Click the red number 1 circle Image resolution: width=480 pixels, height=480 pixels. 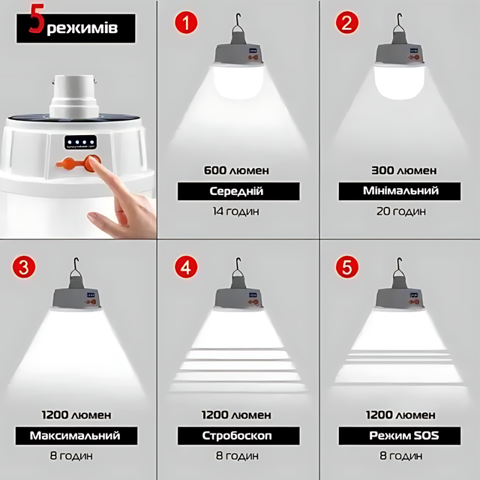(x=186, y=22)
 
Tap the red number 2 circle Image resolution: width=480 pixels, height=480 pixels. (x=347, y=22)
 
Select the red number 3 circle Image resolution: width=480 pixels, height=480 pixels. (x=24, y=267)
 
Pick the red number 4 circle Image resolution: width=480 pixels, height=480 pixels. (x=186, y=267)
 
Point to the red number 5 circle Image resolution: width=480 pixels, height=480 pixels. (x=347, y=267)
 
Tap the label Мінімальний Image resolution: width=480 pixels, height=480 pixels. (x=400, y=191)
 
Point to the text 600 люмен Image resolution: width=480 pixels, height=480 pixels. (x=237, y=170)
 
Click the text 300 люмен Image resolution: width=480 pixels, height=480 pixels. (x=404, y=170)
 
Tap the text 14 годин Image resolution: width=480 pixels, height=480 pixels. (x=236, y=211)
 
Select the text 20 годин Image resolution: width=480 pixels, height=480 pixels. (x=401, y=211)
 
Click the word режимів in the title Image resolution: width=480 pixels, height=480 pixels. (x=82, y=28)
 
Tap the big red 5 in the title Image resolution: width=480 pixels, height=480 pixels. (x=37, y=18)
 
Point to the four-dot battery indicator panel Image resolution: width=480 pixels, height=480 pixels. (x=80, y=142)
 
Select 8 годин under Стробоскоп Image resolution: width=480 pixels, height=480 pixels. (x=237, y=456)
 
